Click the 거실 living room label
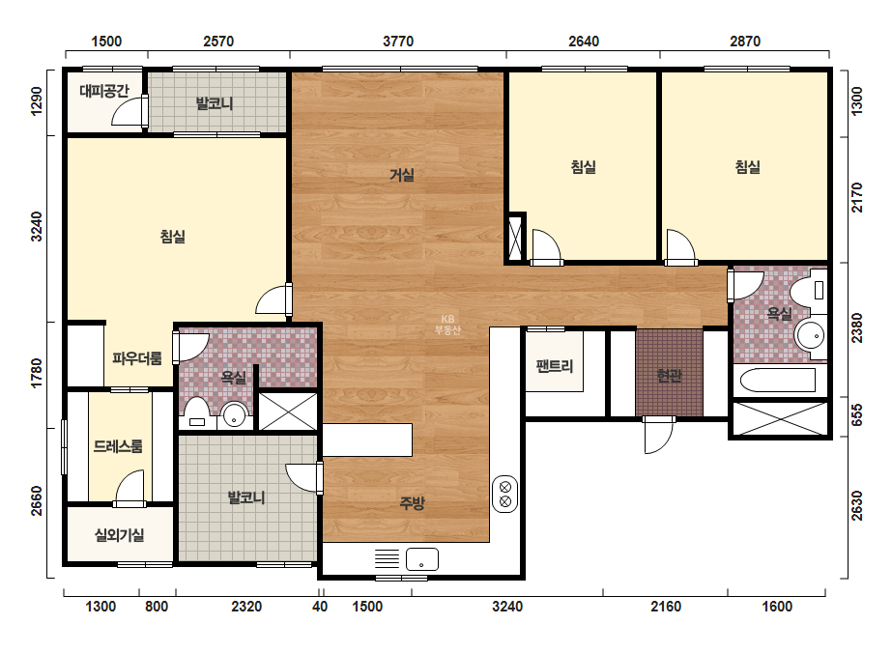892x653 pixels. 402,175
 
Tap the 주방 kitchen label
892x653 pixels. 412,502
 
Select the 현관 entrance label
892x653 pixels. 669,376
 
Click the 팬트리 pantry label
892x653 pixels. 554,366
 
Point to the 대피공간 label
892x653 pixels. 104,91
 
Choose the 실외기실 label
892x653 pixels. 119,535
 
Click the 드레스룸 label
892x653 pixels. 118,446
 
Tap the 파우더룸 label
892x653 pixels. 136,358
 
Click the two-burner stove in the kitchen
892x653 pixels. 504,494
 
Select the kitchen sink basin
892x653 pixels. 422,559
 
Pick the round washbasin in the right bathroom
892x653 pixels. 810,335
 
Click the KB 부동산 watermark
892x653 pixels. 447,325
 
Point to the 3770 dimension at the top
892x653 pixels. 398,41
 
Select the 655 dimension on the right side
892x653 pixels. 857,415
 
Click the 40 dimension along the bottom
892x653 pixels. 320,607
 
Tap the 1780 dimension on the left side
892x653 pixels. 37,373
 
